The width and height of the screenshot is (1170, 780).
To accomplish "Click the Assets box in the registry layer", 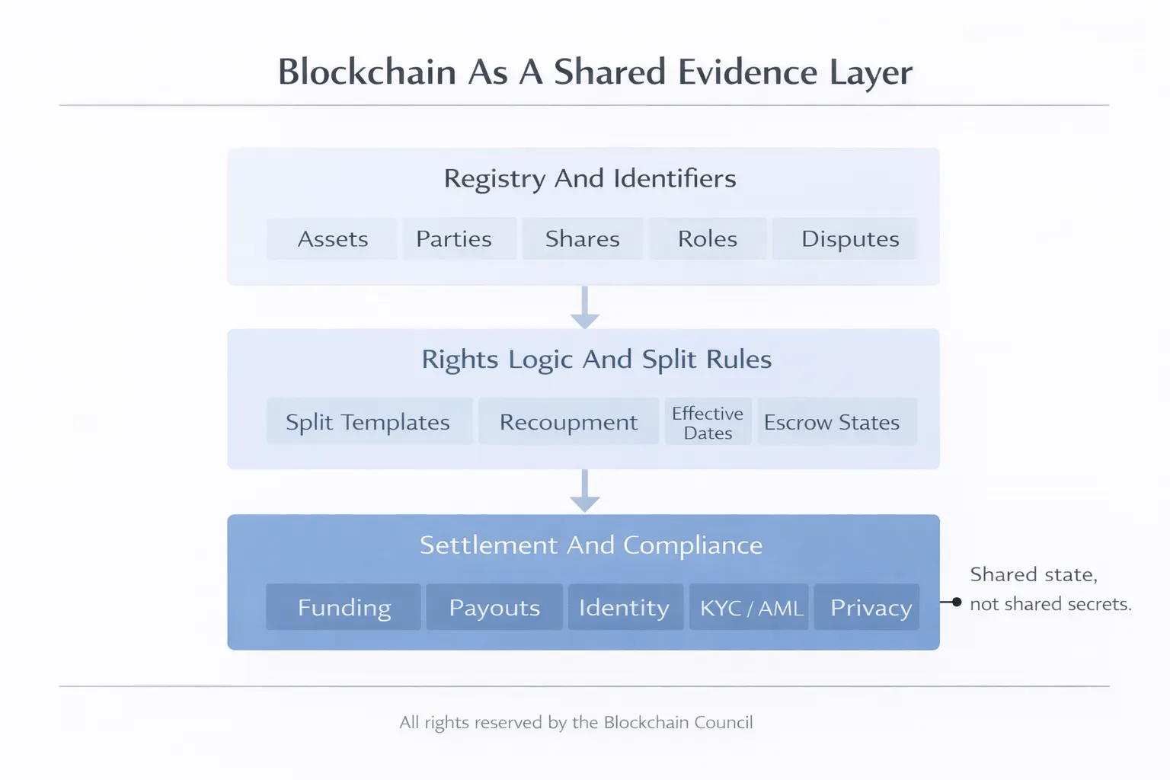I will coord(332,239).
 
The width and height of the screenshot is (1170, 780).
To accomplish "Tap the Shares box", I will coord(583,239).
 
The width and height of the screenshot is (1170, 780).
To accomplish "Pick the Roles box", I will coord(708,239).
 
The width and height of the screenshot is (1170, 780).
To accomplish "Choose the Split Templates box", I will coord(369,421).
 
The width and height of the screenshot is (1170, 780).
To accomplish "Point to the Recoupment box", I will coord(568,421).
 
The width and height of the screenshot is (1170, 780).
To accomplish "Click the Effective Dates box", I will coord(708,422).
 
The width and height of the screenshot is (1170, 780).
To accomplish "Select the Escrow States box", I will coord(837,421).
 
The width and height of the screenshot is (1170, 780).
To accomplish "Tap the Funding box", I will coord(344,607).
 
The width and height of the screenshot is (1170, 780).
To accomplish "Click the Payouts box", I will coord(494,607).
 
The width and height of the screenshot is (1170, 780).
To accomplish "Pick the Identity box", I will coord(625,607).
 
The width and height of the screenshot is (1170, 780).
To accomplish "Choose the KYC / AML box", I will coord(749,607).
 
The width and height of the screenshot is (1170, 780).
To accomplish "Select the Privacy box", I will coord(867,607).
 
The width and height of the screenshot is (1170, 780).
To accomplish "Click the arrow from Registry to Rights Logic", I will coord(584,308).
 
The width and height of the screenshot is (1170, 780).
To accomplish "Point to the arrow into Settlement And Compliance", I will coord(584,491).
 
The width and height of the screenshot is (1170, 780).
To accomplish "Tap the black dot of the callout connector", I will coord(957,602).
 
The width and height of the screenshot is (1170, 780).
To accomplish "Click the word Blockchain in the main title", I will coord(367,72).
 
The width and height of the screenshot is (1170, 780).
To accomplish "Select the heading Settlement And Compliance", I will coord(591,545).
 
